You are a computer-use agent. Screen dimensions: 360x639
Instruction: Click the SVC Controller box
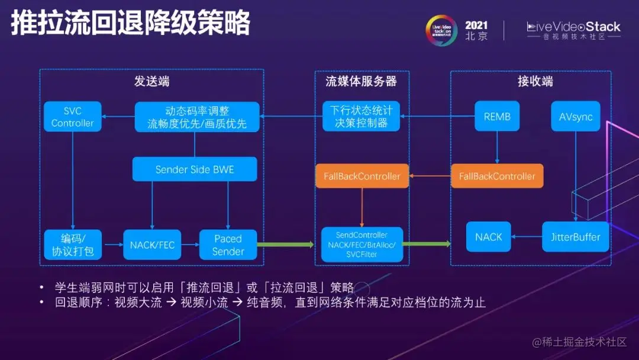pos(73,117)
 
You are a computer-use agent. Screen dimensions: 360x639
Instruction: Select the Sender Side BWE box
pos(195,169)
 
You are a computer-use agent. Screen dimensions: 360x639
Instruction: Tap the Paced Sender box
pos(228,245)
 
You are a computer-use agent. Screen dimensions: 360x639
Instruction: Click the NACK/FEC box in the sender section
pos(152,245)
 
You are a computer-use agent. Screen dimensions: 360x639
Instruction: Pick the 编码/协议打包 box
pos(73,245)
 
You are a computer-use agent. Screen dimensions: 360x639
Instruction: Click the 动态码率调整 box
pos(197,117)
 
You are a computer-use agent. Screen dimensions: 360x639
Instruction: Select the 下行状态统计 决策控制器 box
pos(361,117)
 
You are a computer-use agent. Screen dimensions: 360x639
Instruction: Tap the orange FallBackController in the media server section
pos(362,176)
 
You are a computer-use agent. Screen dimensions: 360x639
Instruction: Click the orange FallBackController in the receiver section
pos(497,176)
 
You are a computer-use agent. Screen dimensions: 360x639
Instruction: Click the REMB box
pos(497,117)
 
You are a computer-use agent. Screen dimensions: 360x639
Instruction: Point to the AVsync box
pos(576,117)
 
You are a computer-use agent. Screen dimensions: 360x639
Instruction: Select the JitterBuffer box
pos(572,237)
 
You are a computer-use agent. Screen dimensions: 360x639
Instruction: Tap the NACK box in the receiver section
pos(489,237)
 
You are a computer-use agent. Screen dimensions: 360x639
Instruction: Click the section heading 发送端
pos(151,82)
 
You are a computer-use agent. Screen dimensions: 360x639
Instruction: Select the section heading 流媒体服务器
pos(361,82)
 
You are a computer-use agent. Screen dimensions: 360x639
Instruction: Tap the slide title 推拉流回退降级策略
pos(130,24)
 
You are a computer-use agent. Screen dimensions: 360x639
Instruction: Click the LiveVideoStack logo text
pos(573,27)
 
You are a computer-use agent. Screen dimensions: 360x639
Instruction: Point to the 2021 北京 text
pos(476,30)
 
